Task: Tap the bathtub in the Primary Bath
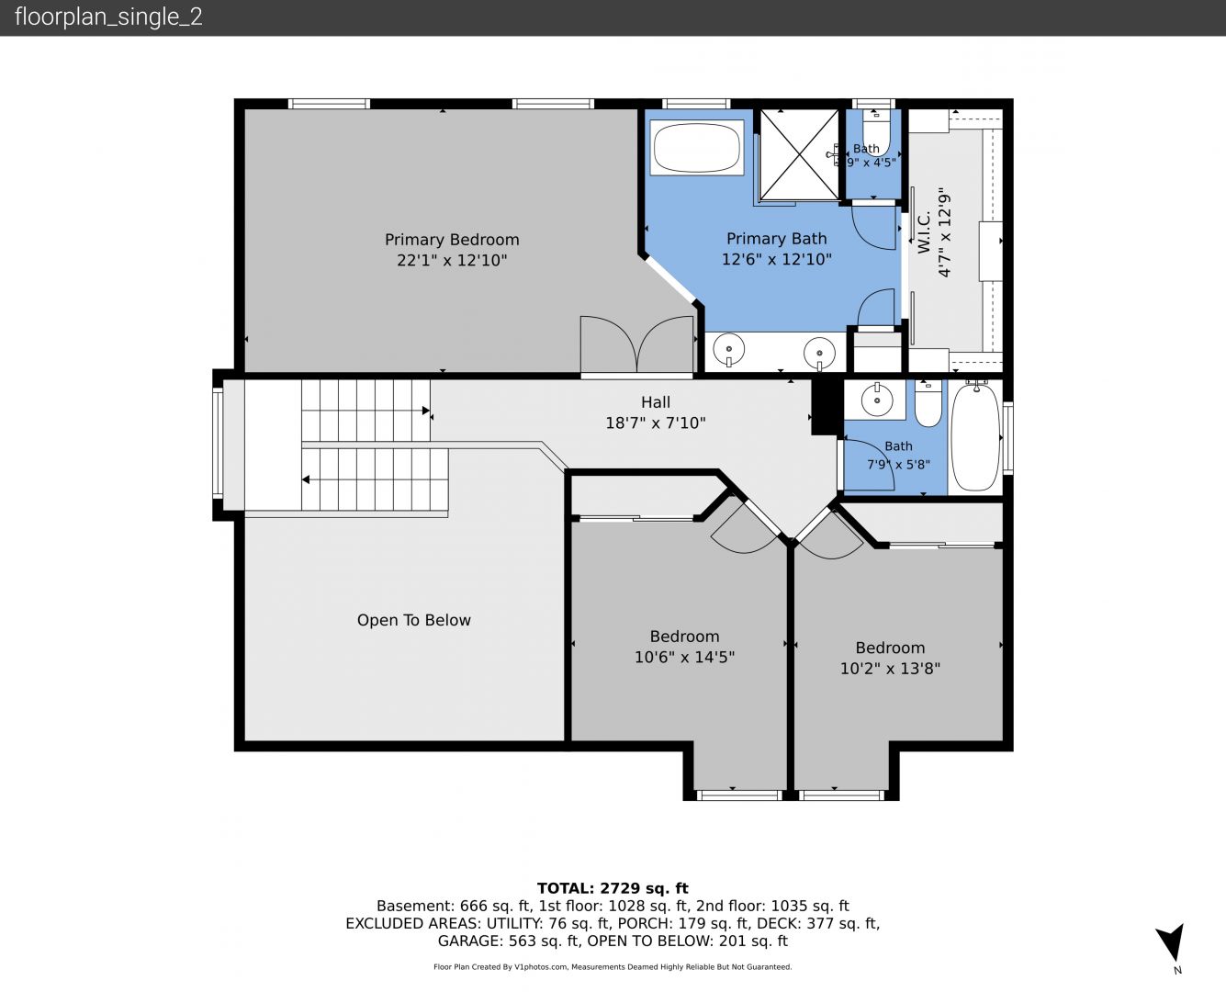point(696,147)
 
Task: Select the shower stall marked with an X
point(799,155)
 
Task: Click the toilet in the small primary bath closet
point(876,130)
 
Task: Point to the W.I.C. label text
point(925,232)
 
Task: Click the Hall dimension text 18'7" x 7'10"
point(656,423)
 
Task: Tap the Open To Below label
point(414,620)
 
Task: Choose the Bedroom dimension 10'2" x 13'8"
point(890,669)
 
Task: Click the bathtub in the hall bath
point(975,437)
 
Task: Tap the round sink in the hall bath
point(877,399)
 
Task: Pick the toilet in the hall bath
point(928,403)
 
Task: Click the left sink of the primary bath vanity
point(728,349)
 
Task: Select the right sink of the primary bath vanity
point(819,352)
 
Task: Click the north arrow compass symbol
point(1170,943)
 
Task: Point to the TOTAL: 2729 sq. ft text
point(613,888)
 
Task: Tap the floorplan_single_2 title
point(108,17)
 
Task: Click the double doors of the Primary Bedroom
point(636,346)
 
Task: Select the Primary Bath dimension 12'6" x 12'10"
point(777,259)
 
